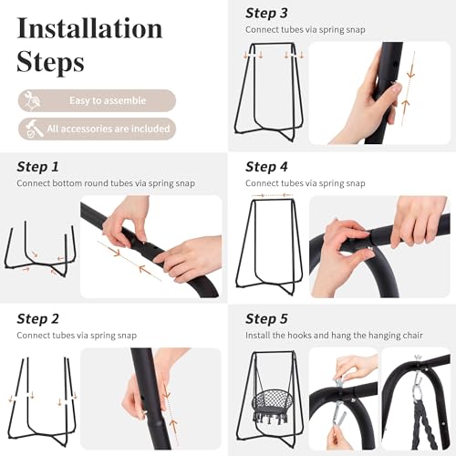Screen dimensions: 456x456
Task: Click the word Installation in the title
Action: pos(89,28)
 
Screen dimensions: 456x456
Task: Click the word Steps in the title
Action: pos(50,62)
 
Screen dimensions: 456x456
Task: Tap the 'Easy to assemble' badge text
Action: pos(108,100)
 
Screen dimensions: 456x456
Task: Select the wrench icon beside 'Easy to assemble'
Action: pos(33,99)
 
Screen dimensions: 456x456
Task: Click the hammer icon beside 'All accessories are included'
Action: pos(34,129)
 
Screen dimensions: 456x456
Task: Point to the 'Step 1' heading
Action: pos(37,167)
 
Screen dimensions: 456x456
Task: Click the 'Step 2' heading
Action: pos(37,319)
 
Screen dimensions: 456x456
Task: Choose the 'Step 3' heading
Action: pos(266,14)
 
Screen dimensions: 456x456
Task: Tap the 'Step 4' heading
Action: pos(266,167)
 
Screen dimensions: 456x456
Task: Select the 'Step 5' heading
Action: pos(266,319)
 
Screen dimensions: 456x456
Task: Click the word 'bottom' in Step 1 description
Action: pos(67,183)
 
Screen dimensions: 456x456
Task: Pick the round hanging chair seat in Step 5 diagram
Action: pos(267,403)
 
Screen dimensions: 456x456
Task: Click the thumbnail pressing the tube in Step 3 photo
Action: pos(396,88)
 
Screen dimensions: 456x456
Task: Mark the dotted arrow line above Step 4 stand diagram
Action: pos(273,195)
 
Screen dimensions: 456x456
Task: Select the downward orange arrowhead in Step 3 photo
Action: pos(410,74)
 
